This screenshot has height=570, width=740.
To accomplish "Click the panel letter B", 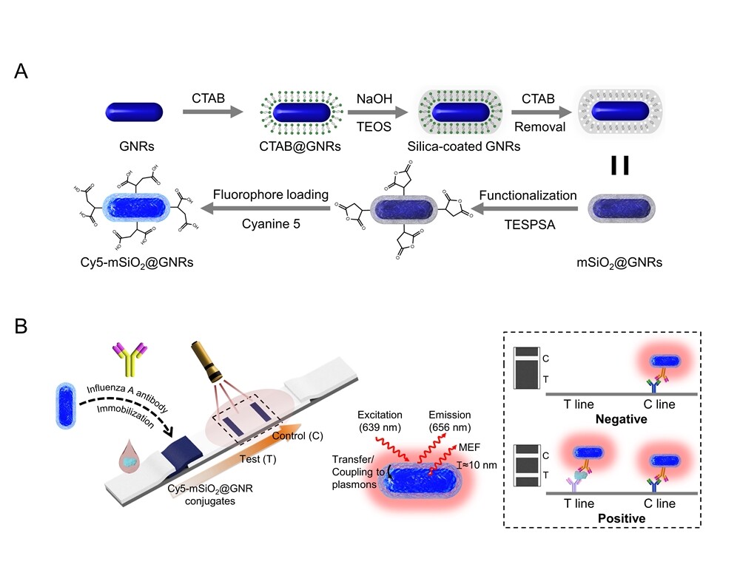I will point(22,326).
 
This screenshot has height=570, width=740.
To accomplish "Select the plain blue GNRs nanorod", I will point(134,113).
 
